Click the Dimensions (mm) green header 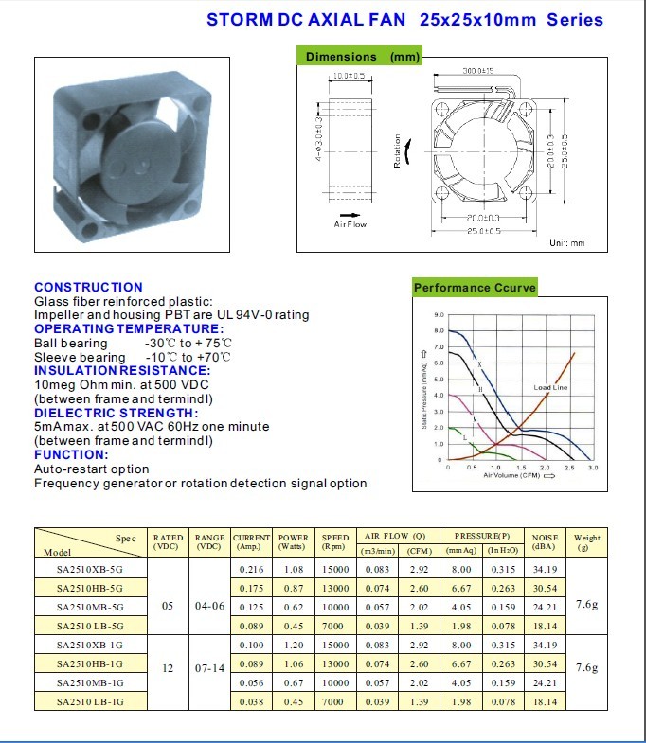[x=363, y=57]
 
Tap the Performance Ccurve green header [x=475, y=288]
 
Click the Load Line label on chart [x=550, y=388]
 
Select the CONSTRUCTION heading [x=88, y=287]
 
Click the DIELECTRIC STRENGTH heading [x=117, y=413]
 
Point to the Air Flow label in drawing [x=350, y=224]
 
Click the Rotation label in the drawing [x=398, y=150]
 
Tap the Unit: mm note [x=566, y=243]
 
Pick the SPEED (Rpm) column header [x=334, y=542]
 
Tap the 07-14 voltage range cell [x=209, y=668]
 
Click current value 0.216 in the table [x=251, y=570]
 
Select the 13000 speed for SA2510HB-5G [x=334, y=588]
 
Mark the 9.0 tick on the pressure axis [x=439, y=314]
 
